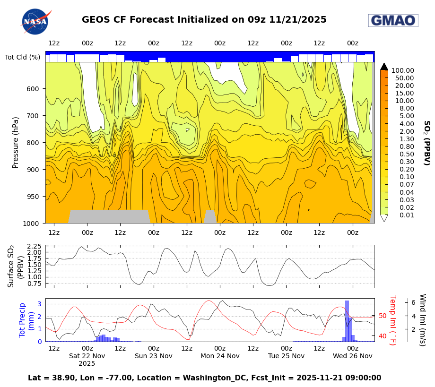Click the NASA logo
tap(35, 21)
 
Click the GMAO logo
tap(393, 20)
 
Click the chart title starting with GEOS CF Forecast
tap(204, 20)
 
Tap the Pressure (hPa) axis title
tap(16, 142)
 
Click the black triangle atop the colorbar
tap(384, 66)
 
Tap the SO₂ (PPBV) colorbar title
tap(426, 142)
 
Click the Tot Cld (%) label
tap(22, 57)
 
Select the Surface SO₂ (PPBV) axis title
tap(16, 266)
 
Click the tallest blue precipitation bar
tap(347, 321)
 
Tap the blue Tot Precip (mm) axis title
tap(22, 320)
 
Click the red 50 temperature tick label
tap(383, 316)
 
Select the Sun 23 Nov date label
tap(154, 356)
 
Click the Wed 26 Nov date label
tap(353, 356)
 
